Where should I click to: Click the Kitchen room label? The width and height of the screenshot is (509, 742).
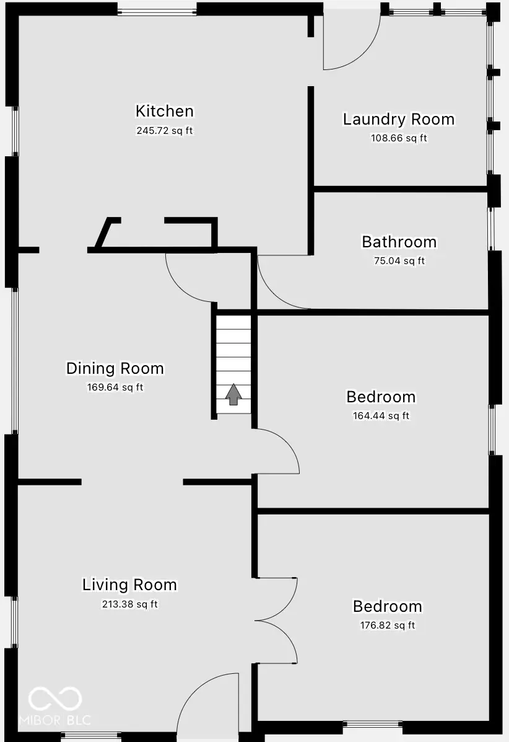click(x=165, y=112)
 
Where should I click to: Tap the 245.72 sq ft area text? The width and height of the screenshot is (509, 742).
click(x=165, y=131)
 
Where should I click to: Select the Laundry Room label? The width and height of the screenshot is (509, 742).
click(x=399, y=119)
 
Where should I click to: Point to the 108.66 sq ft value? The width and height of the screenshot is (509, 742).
click(x=399, y=138)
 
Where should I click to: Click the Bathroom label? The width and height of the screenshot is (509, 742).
click(x=399, y=242)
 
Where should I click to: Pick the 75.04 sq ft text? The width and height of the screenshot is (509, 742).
click(x=399, y=261)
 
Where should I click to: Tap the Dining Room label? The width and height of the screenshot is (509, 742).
click(x=115, y=368)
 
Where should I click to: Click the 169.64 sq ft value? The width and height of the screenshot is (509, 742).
click(x=115, y=387)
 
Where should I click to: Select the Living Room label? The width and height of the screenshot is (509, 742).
click(x=129, y=585)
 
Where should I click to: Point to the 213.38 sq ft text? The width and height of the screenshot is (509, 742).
click(x=129, y=604)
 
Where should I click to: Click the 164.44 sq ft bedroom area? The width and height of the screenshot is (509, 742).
click(x=381, y=416)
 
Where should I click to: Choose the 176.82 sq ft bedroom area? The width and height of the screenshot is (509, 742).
click(x=388, y=625)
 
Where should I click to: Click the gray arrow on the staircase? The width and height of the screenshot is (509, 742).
click(x=233, y=394)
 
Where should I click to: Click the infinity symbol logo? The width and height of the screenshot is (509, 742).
click(x=55, y=699)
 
